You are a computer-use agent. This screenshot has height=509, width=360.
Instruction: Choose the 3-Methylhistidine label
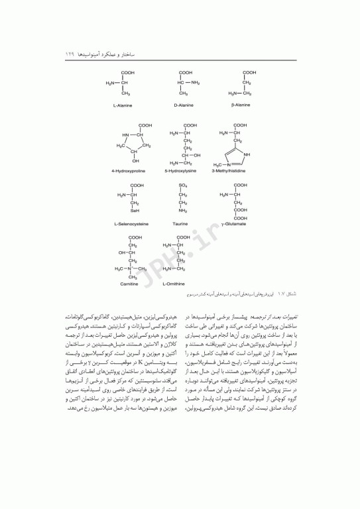(x=231, y=171)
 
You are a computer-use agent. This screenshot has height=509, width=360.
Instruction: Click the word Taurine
(x=180, y=224)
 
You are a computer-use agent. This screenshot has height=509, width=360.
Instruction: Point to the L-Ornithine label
(x=176, y=284)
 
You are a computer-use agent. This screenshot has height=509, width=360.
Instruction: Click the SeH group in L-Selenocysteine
(x=135, y=211)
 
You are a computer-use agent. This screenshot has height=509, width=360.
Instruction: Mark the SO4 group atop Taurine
(x=183, y=186)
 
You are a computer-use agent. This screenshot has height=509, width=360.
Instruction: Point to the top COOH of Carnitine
(x=135, y=237)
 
